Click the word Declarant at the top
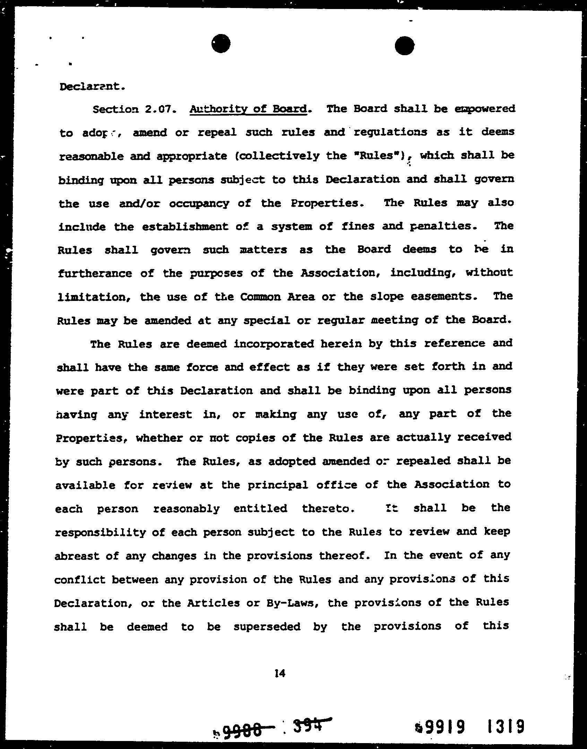[x=92, y=86]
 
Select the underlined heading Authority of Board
[x=248, y=109]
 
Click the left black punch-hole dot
[x=221, y=44]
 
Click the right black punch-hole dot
[x=404, y=45]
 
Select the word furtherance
[x=95, y=273]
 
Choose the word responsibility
[x=100, y=532]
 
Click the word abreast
[x=76, y=556]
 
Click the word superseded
[x=267, y=626]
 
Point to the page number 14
[x=279, y=673]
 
